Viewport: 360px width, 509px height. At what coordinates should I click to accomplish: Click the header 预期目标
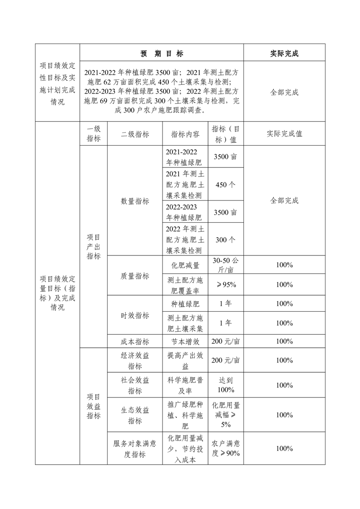click(x=162, y=54)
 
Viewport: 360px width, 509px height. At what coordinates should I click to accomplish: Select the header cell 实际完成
click(x=284, y=54)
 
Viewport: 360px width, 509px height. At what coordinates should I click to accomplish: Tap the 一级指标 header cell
click(x=94, y=134)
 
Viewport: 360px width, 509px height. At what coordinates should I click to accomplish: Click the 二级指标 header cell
click(x=135, y=134)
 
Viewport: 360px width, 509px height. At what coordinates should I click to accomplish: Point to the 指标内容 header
click(x=185, y=134)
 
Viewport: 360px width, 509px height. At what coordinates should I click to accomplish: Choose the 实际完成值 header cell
click(x=284, y=134)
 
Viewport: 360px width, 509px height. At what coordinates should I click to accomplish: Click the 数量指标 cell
click(x=135, y=201)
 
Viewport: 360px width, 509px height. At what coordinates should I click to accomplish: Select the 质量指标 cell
click(x=135, y=275)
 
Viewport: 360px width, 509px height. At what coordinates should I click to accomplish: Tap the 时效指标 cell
click(x=135, y=315)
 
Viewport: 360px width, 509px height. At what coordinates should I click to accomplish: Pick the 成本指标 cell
click(x=135, y=341)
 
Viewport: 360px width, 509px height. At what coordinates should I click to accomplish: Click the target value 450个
click(x=226, y=185)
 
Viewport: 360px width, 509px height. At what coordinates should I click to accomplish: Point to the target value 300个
click(x=226, y=240)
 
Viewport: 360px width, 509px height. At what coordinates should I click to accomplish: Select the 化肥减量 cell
click(x=185, y=265)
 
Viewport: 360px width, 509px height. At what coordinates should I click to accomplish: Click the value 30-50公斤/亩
click(x=226, y=265)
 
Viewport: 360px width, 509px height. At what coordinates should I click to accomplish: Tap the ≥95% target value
click(x=226, y=284)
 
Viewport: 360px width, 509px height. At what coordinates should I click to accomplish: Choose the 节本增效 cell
click(x=185, y=341)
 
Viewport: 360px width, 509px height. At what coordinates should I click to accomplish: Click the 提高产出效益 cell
click(x=185, y=360)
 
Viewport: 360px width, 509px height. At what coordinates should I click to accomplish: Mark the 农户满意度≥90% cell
click(x=226, y=448)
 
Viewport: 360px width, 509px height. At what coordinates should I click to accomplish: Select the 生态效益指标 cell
click(x=135, y=415)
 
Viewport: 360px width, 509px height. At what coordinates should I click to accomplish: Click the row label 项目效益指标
click(x=94, y=406)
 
